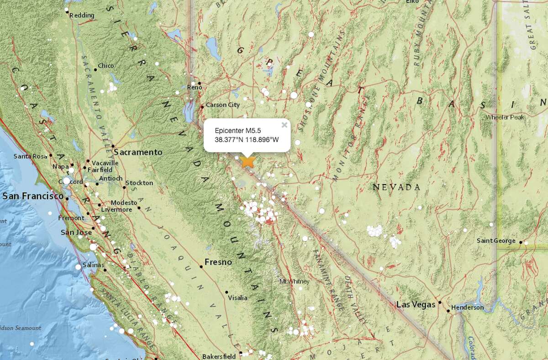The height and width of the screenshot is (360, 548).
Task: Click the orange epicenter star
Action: pos(248,161)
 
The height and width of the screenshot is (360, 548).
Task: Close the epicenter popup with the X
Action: pos(284,124)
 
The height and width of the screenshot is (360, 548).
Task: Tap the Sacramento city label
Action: pos(138,152)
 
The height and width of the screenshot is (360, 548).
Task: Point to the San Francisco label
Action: pos(33,196)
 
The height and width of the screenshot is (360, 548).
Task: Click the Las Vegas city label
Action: pos(416,304)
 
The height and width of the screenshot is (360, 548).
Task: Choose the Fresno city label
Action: pos(218,262)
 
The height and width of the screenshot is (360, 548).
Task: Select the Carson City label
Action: pos(223,105)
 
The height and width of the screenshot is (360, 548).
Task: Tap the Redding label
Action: pos(82,16)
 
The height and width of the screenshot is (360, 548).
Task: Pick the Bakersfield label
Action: pos(219,356)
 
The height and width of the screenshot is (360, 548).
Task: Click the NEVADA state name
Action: pos(396,187)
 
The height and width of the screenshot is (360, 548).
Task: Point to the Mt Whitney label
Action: pos(294,281)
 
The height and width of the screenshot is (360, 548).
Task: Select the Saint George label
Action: pos(496,241)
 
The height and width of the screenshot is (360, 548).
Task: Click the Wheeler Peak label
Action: pos(505,117)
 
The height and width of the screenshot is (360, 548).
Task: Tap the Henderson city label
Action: pos(467,307)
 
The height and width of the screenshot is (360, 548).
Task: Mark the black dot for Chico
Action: pos(95,69)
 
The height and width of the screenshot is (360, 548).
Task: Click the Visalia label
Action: pos(237,297)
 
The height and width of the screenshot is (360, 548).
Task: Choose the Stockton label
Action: pos(140,183)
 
